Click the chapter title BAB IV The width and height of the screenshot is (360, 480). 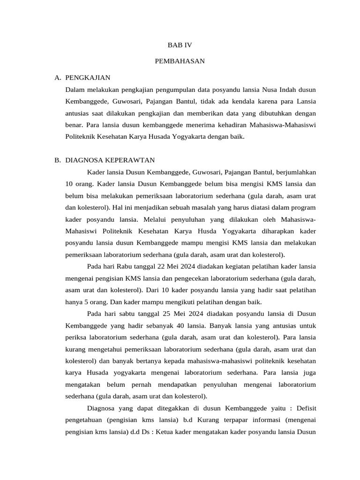(x=180, y=45)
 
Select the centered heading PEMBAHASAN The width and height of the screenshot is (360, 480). (x=180, y=61)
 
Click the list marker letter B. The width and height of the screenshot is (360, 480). (x=57, y=160)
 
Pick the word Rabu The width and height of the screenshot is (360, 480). (x=124, y=267)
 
